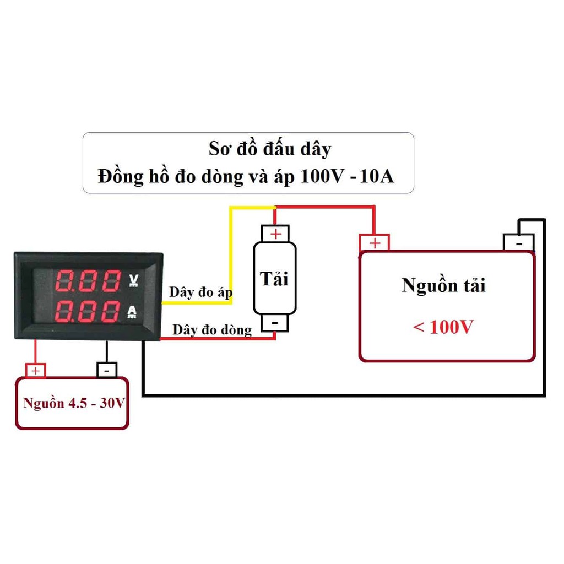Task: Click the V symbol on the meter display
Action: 133,281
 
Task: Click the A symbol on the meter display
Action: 133,312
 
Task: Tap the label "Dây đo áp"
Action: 200,292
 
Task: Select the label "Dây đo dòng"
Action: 212,330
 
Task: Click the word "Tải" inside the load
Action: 274,279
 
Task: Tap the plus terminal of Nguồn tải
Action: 375,242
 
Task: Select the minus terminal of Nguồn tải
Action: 518,242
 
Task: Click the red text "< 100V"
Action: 443,327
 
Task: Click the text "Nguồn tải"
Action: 444,286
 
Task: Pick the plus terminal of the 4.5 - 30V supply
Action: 36,371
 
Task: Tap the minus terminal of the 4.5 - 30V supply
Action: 107,370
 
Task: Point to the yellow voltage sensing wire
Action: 230,248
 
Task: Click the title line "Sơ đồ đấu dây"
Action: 270,149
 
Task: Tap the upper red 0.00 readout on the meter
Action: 88,281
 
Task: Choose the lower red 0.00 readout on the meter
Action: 88,312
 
